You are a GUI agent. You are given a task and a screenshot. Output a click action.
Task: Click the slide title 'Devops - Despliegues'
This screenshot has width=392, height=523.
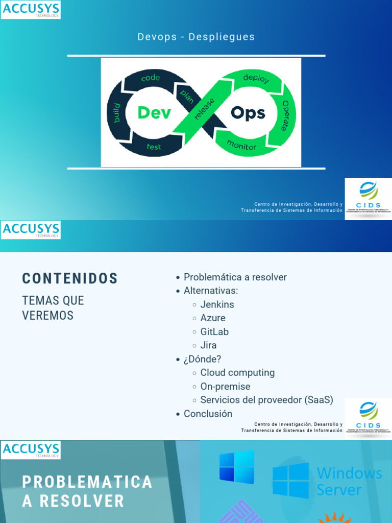click(196, 37)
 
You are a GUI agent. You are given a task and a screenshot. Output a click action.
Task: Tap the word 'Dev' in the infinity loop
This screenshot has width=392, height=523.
click(154, 112)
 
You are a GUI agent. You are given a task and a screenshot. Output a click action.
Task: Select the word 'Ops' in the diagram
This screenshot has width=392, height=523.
click(248, 112)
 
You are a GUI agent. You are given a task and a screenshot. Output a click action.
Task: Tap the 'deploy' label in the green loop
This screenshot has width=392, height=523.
click(256, 79)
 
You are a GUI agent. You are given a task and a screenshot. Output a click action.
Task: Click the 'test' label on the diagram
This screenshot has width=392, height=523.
click(154, 147)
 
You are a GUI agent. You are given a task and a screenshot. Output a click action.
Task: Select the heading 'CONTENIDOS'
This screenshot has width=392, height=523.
click(70, 278)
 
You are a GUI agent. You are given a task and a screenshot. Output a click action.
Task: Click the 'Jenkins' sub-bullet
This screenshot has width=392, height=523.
click(217, 304)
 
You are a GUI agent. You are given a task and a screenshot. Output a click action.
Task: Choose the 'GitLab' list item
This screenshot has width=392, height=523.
click(214, 331)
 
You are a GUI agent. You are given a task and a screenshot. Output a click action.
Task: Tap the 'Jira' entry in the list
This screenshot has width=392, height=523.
click(208, 345)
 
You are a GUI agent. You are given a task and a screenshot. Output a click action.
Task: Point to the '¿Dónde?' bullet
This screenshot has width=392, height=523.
click(202, 359)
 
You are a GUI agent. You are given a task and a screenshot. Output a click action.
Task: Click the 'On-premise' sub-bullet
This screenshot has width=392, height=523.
click(225, 387)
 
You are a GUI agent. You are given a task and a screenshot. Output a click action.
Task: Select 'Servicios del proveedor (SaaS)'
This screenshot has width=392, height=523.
click(266, 400)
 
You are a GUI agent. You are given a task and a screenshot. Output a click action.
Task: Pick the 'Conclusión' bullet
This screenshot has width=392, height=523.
click(208, 414)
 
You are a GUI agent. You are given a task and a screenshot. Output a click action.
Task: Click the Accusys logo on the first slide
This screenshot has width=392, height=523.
click(31, 10)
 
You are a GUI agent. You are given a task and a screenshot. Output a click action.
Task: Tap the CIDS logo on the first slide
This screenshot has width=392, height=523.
click(368, 199)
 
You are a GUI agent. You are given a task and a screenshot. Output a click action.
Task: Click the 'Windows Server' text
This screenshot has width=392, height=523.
click(349, 481)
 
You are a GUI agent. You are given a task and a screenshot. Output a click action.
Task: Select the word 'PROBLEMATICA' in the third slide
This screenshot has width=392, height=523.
click(87, 482)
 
